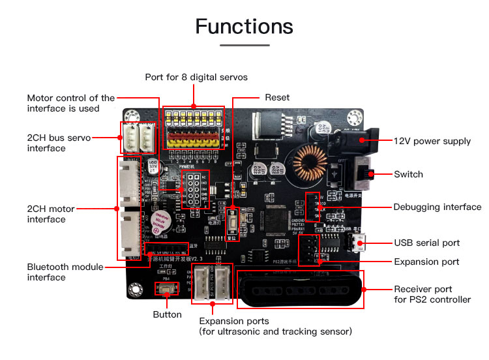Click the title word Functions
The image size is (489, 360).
pos(244,27)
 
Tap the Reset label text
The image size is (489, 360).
pos(277,98)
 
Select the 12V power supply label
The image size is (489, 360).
pos(432,141)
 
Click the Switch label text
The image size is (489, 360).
pos(408,174)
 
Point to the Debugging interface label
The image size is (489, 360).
pos(437,207)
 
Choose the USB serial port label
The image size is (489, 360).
pos(426,243)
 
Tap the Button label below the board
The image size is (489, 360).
pos(167,314)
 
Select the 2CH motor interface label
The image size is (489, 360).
pos(51,214)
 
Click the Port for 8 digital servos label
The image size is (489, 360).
pos(196,77)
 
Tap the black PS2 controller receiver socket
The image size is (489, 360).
pos(299,289)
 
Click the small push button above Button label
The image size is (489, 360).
pos(167,288)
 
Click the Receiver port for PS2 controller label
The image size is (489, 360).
pos(432,294)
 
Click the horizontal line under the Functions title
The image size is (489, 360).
pos(244,46)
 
